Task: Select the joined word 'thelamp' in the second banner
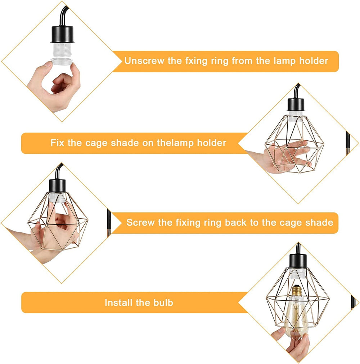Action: click(175, 143)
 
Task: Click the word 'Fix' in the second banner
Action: click(58, 143)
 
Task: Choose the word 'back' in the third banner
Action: click(237, 223)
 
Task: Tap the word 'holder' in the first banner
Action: click(313, 61)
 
